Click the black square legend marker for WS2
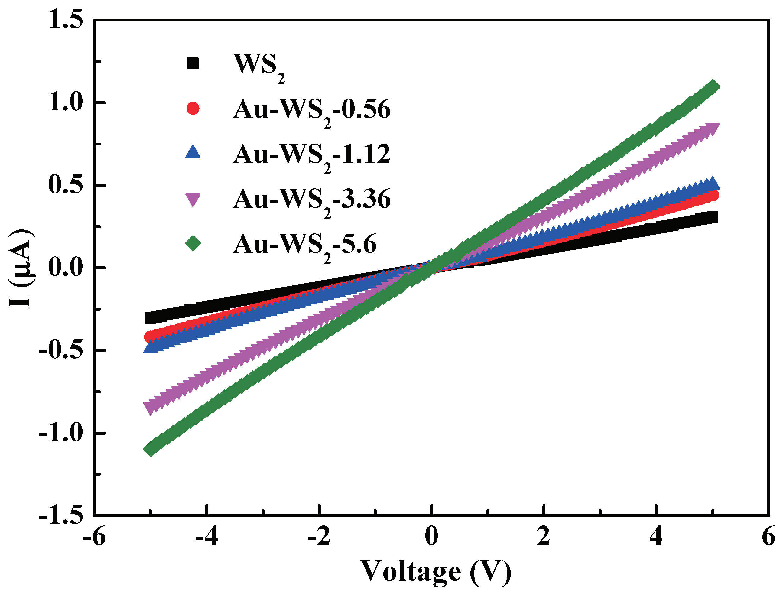click(x=193, y=63)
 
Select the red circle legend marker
click(x=193, y=108)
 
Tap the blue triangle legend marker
click(x=193, y=152)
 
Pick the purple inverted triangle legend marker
click(x=193, y=200)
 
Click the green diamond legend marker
click(x=193, y=243)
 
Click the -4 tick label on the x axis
click(x=207, y=537)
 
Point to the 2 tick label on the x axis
click(x=543, y=537)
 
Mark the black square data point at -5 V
click(x=151, y=318)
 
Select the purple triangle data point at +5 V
click(x=713, y=128)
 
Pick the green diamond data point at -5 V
click(x=151, y=449)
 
